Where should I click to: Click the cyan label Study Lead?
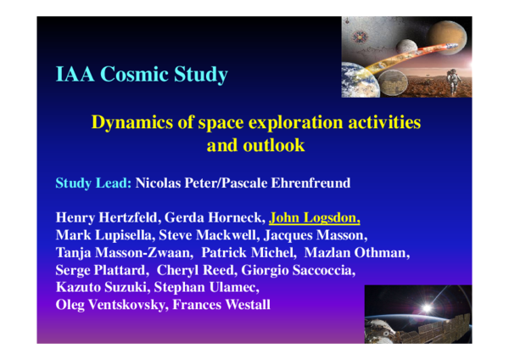pyautogui.click(x=93, y=183)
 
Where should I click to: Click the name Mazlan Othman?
pyautogui.click(x=367, y=252)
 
